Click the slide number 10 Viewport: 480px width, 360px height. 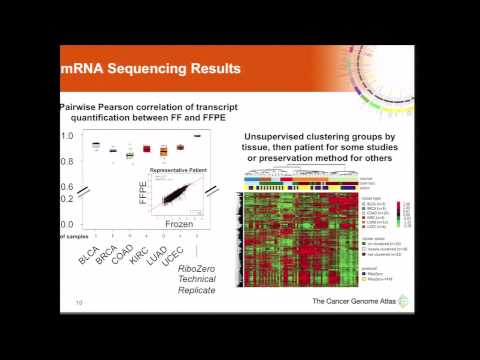click(77, 301)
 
